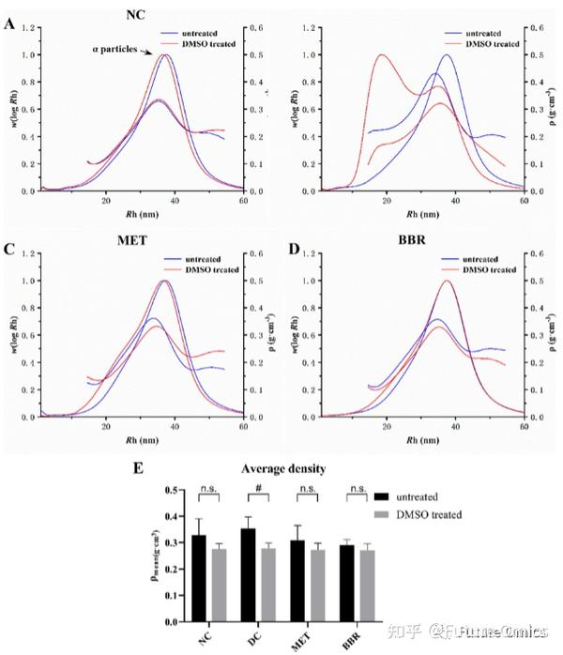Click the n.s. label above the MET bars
coord(307,488)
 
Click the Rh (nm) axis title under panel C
coord(132,437)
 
